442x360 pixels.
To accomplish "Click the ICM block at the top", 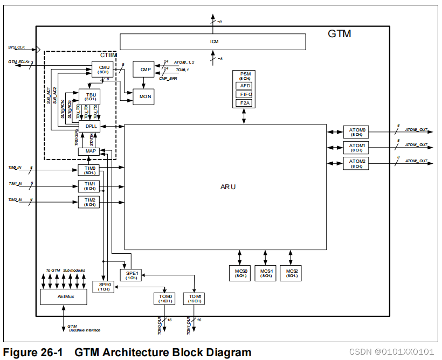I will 213,41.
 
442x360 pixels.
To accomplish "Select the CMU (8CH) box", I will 103,69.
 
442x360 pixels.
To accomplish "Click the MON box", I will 144,96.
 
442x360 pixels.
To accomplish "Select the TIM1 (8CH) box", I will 89,186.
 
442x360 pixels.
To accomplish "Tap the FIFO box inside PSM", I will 244,94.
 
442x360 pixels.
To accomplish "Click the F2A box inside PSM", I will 244,102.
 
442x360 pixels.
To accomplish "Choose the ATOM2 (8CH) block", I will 357,163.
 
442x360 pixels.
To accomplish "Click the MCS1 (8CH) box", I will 265,273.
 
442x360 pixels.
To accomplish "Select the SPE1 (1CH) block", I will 132,275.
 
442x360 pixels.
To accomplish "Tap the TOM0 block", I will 166,299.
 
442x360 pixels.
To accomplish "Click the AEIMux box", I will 64,296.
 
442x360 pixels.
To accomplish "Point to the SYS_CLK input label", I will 17,47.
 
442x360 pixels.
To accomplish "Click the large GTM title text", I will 340,34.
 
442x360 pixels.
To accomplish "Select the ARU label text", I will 228,186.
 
